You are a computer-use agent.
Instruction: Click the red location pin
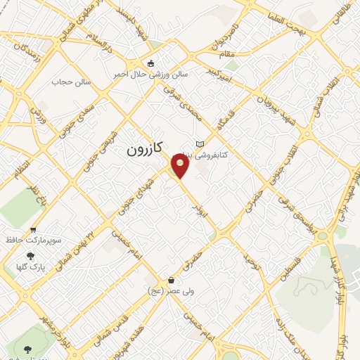tap(181, 167)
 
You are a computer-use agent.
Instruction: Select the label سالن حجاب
tap(68, 82)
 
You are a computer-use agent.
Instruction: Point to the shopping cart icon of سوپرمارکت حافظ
tap(33, 230)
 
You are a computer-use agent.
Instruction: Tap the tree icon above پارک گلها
tap(30, 256)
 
